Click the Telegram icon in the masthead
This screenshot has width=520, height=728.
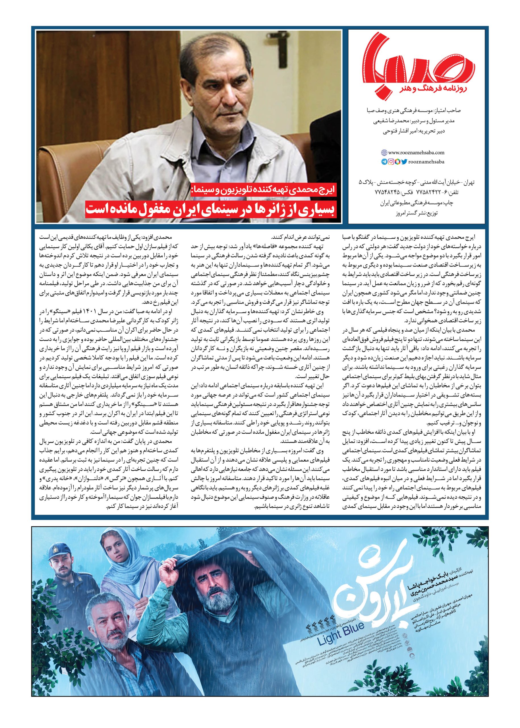pyautogui.click(x=384, y=162)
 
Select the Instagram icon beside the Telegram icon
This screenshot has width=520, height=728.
pyautogui.click(x=391, y=162)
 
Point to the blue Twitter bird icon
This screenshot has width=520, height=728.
pyautogui.click(x=404, y=162)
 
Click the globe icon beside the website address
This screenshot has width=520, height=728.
pyautogui.click(x=384, y=153)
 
